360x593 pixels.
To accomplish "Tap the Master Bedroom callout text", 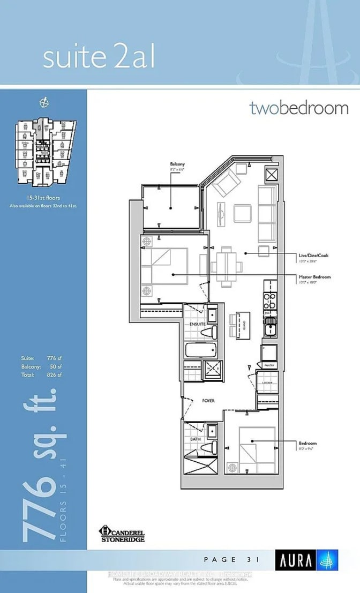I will click(x=314, y=277).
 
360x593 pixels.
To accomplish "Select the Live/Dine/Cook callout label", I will click(x=313, y=256).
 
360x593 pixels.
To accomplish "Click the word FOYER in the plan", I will click(x=209, y=400).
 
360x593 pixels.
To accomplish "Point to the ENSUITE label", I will click(x=197, y=325).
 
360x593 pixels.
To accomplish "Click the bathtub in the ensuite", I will click(x=200, y=352).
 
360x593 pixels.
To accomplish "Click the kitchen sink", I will click(x=270, y=325).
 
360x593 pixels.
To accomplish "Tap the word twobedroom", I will click(x=298, y=108).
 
